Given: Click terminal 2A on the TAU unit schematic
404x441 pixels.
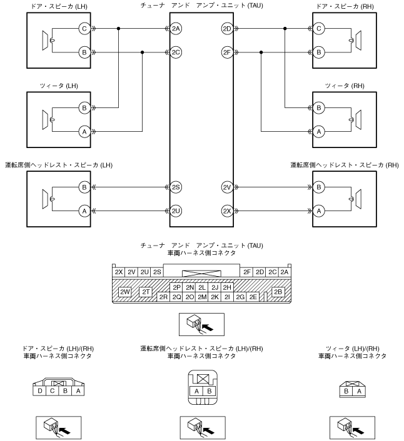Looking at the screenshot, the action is coord(176,28).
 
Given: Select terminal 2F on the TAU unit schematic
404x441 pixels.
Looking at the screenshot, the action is coord(227,52).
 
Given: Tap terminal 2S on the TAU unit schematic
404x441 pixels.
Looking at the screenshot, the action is coord(176,187).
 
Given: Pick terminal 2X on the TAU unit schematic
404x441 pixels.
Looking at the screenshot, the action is coord(227,211).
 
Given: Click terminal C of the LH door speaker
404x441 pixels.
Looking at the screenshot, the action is coord(84,28).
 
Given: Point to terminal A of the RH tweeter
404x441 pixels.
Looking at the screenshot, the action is coord(319,132).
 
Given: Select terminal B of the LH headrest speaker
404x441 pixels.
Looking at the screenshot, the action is coord(84,187).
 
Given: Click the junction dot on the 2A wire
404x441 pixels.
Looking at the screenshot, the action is coord(119,28).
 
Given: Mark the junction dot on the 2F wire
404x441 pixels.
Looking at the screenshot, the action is coord(261,52).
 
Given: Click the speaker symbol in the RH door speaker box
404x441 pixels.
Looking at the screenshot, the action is coord(355,41).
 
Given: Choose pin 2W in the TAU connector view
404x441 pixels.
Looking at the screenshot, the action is coord(124,292).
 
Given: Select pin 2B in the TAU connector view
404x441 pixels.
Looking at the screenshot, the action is coord(278,292).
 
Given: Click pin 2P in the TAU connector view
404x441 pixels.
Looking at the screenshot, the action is coord(176,287).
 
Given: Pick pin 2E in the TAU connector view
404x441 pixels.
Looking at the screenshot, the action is coord(253,297).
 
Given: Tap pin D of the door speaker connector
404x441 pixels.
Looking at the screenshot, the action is coord(39,390).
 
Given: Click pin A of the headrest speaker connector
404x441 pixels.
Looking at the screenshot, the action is coord(196,391).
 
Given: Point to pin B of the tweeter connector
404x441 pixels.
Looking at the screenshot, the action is coord(346,391).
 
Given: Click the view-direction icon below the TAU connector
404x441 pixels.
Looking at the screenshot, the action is coord(201,324).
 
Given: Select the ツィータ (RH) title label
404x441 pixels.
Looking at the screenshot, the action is coord(345,86).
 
